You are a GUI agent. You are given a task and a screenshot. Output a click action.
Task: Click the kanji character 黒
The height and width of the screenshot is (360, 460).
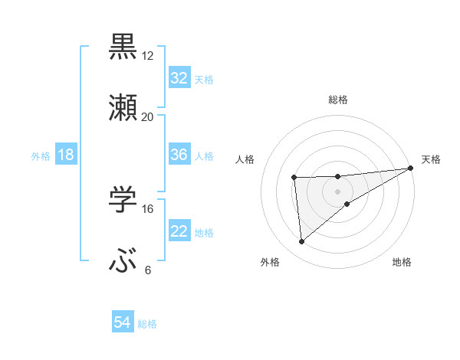[123, 46]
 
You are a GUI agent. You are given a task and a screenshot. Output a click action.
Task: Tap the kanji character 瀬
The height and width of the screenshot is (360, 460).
[123, 108]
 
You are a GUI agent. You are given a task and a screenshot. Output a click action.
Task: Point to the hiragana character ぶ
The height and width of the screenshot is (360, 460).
[123, 261]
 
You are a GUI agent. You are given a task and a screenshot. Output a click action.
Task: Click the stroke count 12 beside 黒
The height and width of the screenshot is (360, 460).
[147, 56]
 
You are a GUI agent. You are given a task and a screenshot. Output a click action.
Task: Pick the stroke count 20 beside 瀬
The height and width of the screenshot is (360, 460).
[147, 117]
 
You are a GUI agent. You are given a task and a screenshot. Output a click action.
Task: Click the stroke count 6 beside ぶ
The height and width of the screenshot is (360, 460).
[147, 270]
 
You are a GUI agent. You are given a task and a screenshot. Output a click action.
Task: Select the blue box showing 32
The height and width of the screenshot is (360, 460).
[179, 77]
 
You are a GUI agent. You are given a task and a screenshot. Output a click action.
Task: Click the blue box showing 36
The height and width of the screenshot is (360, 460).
[179, 155]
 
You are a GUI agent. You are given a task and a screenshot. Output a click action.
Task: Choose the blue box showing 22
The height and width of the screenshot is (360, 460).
[179, 231]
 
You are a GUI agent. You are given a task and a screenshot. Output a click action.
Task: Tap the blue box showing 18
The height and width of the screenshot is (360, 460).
[66, 155]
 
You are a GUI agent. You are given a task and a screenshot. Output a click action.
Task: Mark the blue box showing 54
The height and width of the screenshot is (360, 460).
[123, 323]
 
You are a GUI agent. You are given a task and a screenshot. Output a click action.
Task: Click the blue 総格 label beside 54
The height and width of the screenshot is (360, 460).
[147, 324]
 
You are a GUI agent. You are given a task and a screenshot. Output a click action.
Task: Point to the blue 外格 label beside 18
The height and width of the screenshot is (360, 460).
[41, 155]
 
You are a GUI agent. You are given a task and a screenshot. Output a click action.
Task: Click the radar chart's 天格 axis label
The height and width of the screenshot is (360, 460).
[431, 159]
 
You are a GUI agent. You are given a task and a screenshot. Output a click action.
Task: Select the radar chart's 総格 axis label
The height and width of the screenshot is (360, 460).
[338, 100]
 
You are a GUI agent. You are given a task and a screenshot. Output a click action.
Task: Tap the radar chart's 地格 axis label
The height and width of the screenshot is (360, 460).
[402, 262]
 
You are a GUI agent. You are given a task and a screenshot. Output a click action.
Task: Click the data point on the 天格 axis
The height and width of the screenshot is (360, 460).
[411, 168]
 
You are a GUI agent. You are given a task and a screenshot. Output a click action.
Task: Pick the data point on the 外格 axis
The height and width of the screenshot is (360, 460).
[301, 242]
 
